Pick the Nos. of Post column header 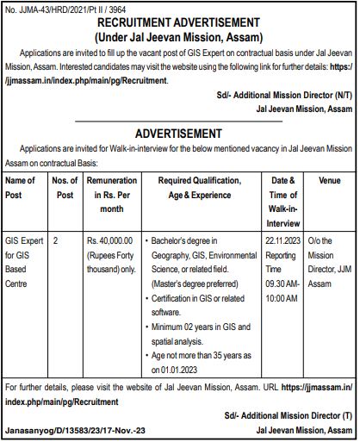point(64,187)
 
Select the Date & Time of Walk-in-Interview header point(283,201)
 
